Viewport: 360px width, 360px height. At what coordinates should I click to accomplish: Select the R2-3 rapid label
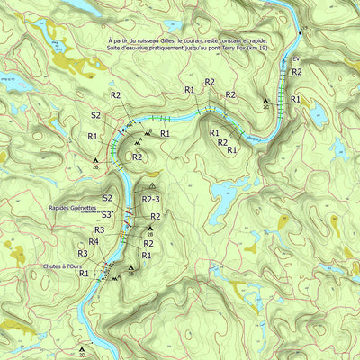(151, 199)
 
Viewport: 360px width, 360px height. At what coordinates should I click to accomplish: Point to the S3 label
(106, 215)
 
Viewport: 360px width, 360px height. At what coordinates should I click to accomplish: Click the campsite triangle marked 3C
(265, 101)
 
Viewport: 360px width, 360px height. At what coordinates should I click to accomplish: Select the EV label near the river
(294, 58)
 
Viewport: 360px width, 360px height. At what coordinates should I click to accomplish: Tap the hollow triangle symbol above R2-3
(153, 185)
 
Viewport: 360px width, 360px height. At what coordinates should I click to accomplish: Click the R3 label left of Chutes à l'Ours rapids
(82, 254)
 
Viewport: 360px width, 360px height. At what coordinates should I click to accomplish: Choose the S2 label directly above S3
(107, 198)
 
